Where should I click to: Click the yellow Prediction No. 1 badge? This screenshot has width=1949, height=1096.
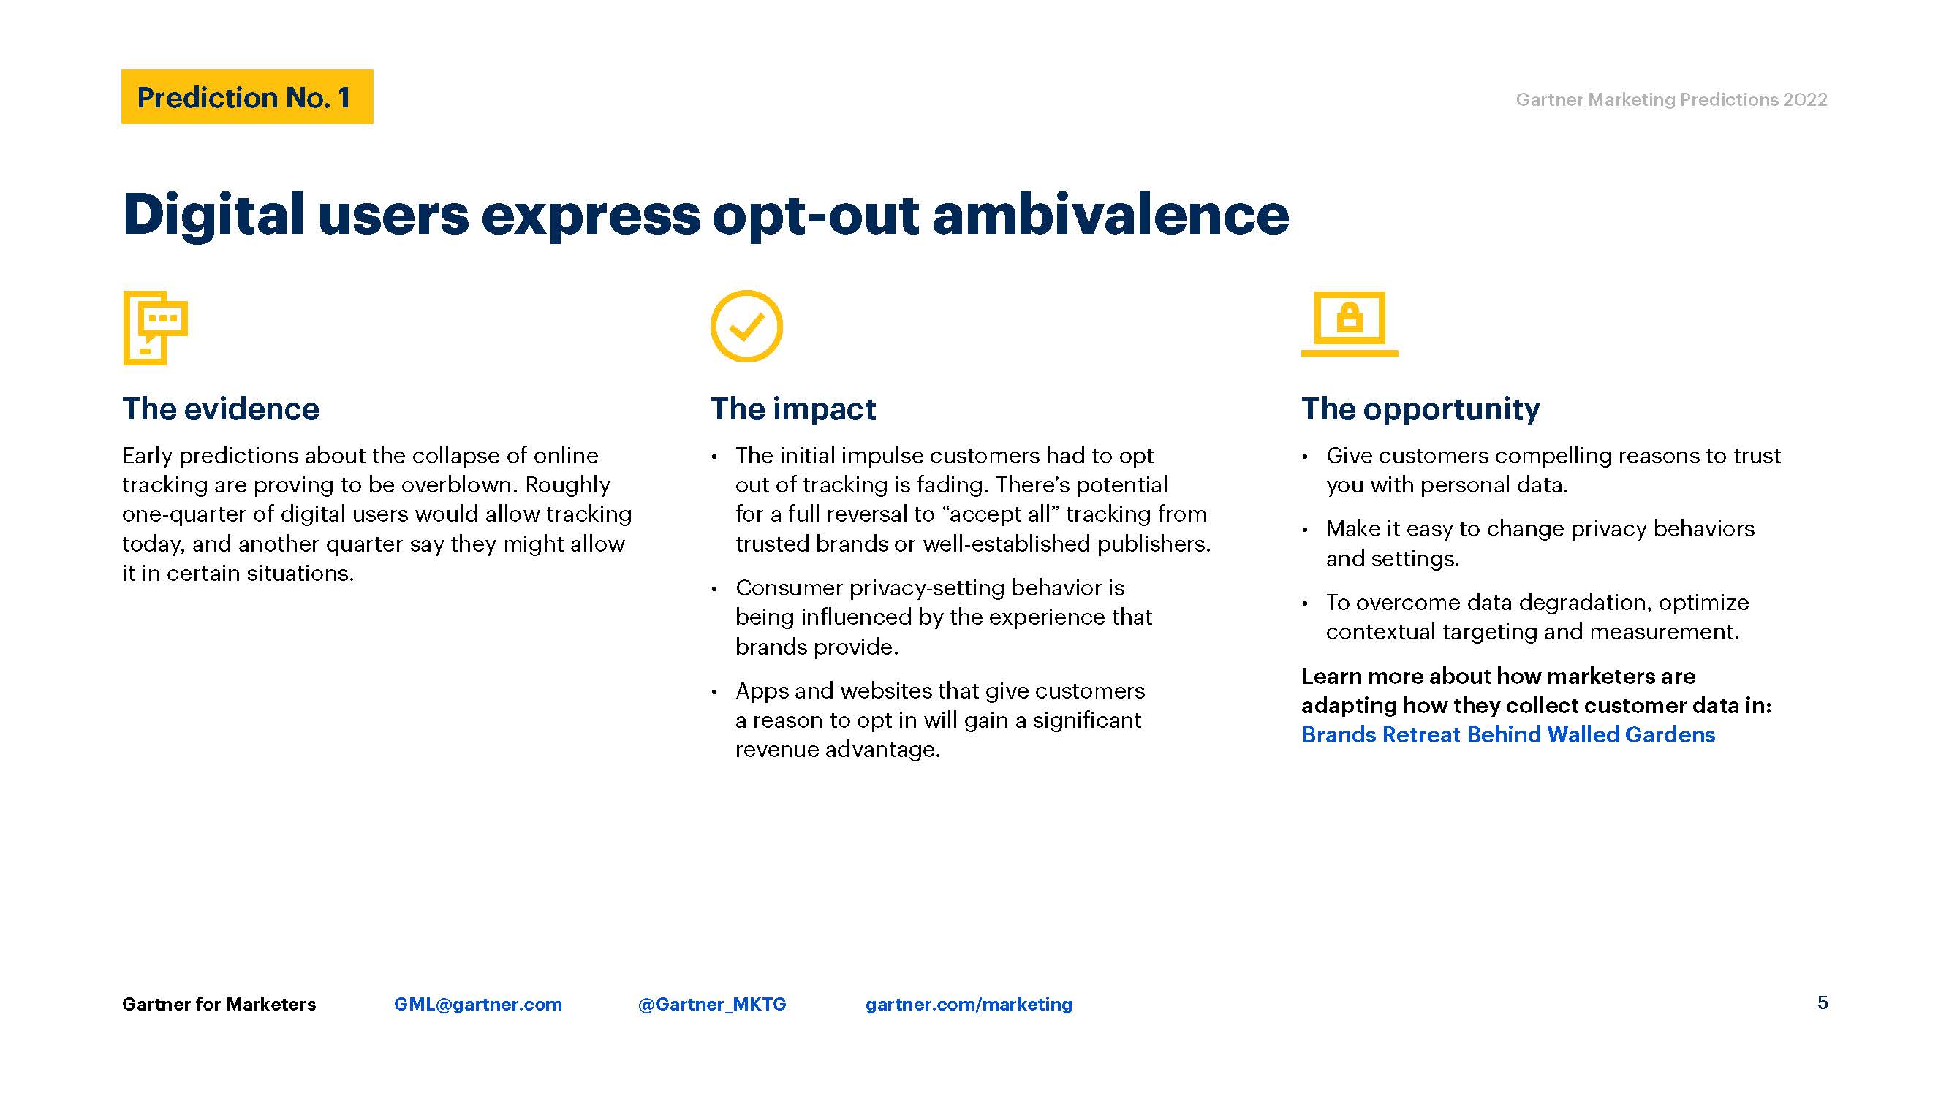(246, 97)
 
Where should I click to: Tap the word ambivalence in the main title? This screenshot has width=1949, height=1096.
(1110, 214)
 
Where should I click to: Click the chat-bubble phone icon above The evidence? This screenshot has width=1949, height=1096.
(155, 327)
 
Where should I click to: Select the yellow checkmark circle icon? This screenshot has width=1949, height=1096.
(746, 326)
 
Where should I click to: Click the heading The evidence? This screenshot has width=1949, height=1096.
(221, 408)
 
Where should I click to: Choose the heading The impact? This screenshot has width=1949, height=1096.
(793, 408)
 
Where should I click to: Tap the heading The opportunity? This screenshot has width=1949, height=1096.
(1420, 409)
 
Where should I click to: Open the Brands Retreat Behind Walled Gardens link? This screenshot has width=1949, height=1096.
(1508, 734)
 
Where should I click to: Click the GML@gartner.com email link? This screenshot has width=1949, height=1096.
(478, 1005)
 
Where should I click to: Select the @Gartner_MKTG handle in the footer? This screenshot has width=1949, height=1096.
(712, 1005)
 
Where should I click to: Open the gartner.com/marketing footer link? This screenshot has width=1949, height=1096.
(969, 1005)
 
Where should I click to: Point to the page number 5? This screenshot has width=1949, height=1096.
(1823, 1003)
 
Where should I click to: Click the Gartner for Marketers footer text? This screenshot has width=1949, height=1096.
(219, 1005)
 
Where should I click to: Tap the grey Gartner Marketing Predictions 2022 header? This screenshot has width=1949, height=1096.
(1671, 100)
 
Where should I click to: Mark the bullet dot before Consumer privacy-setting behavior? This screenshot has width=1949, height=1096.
(714, 589)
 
